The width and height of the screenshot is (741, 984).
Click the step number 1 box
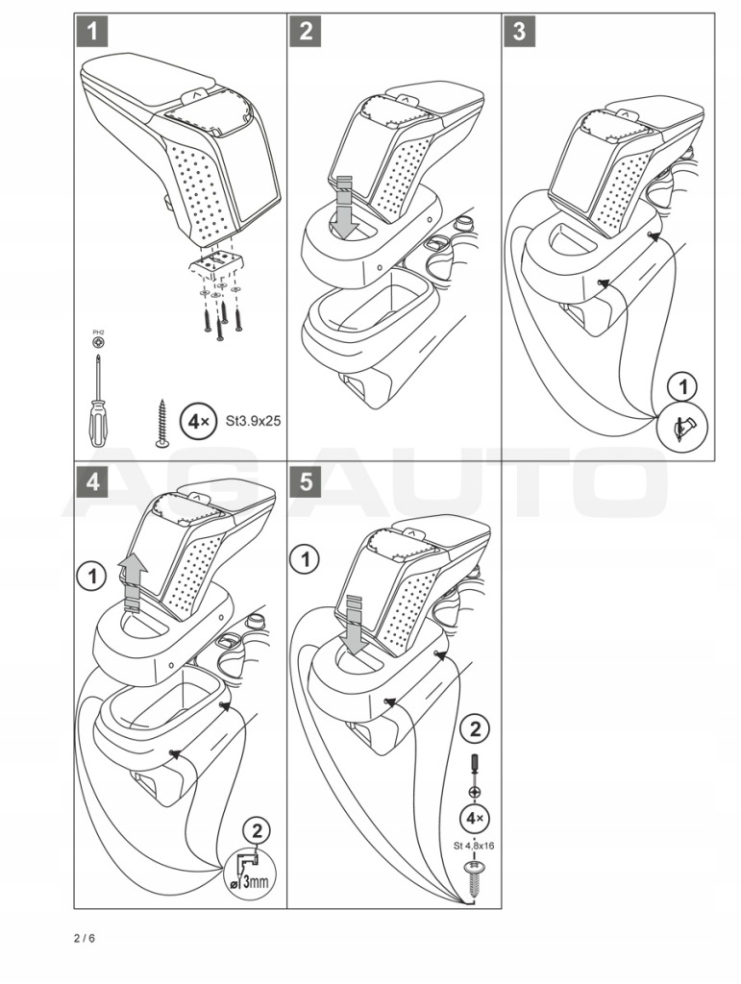coord(92,32)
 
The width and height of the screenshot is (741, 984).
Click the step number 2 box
coord(306,32)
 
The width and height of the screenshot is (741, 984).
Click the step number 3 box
coord(519,32)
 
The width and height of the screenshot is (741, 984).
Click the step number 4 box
coord(92,482)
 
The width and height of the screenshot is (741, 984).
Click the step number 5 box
coord(306,482)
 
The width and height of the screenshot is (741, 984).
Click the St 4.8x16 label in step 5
coord(473,846)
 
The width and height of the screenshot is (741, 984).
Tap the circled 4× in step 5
coord(473,820)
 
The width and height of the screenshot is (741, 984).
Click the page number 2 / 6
coord(84,938)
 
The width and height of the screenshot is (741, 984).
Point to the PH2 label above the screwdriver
coord(97,332)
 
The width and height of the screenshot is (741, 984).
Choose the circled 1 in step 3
coord(682,387)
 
